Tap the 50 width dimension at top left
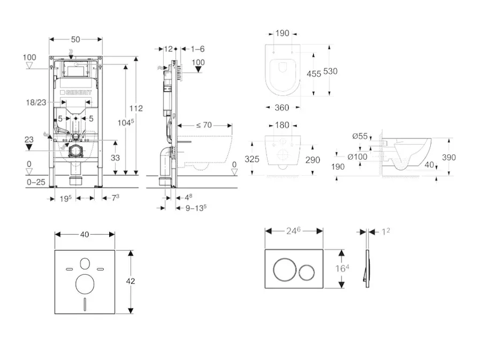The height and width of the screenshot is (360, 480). (76, 39)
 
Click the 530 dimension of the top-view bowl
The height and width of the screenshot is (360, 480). (331, 71)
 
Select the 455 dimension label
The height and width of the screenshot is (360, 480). (313, 74)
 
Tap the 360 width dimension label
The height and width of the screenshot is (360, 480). (282, 107)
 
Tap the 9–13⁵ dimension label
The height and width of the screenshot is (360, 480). (194, 208)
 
